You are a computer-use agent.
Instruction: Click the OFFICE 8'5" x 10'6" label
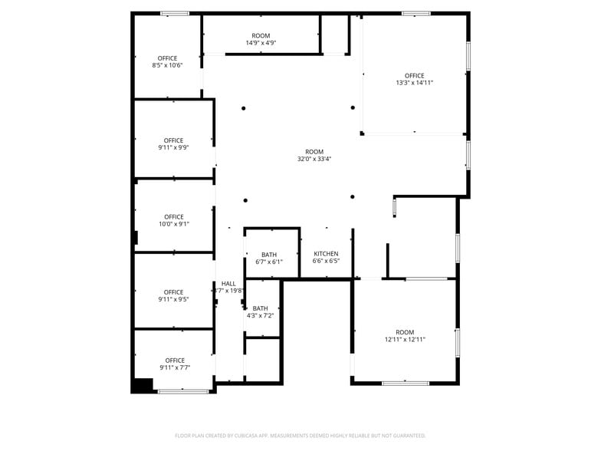pos(167,62)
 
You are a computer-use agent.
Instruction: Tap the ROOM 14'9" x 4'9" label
pos(261,39)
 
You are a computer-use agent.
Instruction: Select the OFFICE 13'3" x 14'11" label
pos(415,79)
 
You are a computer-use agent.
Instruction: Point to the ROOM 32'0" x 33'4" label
pos(314,156)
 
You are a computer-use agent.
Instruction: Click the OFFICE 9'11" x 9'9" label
pos(174,144)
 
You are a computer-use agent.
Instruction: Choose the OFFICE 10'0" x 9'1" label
pos(174,220)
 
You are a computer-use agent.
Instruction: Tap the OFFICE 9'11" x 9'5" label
pos(174,295)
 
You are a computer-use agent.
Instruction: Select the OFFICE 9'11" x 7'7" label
pos(175,364)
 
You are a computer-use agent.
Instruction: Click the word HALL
pos(228,284)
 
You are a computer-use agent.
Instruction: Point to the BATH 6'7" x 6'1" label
pos(269,258)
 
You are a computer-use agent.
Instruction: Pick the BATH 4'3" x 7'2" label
pos(261,311)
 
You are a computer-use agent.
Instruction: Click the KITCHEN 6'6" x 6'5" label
pos(326,257)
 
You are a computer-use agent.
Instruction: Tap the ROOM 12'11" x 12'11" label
pos(405,335)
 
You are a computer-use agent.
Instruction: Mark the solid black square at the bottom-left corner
pos(143,386)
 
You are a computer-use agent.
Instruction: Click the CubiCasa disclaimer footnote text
pos(300,436)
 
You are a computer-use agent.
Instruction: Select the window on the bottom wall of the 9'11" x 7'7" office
pos(183,392)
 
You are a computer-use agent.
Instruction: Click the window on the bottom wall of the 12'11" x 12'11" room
pos(406,383)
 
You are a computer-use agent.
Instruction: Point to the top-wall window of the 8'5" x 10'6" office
pos(175,13)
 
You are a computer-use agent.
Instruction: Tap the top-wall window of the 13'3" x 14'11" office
pos(415,13)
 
